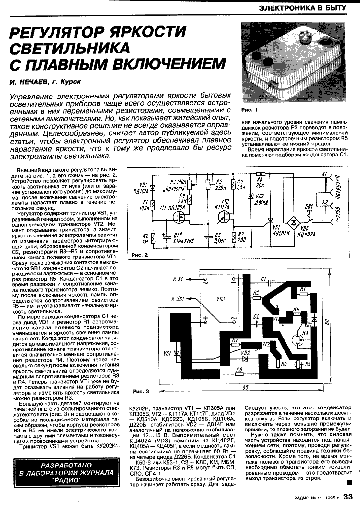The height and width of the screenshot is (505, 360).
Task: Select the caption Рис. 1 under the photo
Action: pyautogui.click(x=249, y=110)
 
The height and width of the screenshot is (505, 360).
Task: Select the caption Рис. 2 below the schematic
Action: pyautogui.click(x=140, y=255)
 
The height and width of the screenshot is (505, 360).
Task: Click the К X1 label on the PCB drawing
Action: pyautogui.click(x=178, y=279)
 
